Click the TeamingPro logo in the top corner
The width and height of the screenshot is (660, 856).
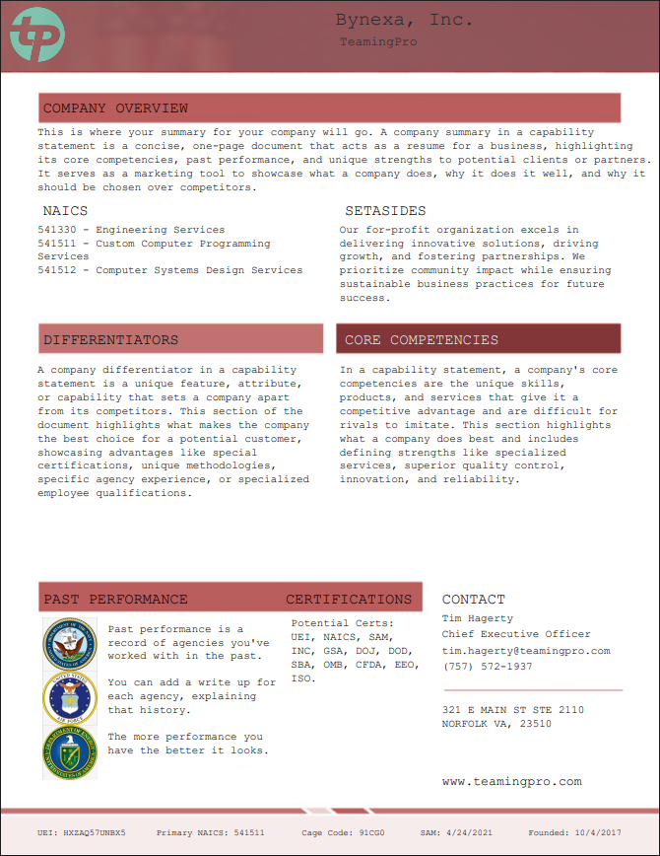pyautogui.click(x=36, y=34)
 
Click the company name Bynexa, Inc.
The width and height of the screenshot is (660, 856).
pyautogui.click(x=404, y=20)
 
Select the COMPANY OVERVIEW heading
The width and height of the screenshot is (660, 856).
pyautogui.click(x=115, y=108)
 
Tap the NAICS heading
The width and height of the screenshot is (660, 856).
pyautogui.click(x=65, y=211)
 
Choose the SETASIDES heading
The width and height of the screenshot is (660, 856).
pyautogui.click(x=385, y=211)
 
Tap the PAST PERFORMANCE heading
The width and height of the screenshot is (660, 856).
pyautogui.click(x=115, y=600)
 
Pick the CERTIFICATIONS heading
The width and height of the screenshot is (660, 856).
pyautogui.click(x=349, y=600)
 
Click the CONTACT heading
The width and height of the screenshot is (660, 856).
pyautogui.click(x=473, y=600)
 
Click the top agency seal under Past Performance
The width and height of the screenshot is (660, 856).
pyautogui.click(x=70, y=646)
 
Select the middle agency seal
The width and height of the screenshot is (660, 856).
pyautogui.click(x=70, y=698)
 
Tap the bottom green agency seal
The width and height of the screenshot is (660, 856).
pyautogui.click(x=70, y=752)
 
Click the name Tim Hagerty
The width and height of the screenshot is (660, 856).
pyautogui.click(x=477, y=618)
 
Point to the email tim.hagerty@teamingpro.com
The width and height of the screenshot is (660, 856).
pyautogui.click(x=526, y=651)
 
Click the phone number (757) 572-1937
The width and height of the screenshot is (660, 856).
pyautogui.click(x=487, y=667)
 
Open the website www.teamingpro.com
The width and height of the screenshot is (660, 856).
pyautogui.click(x=511, y=782)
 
